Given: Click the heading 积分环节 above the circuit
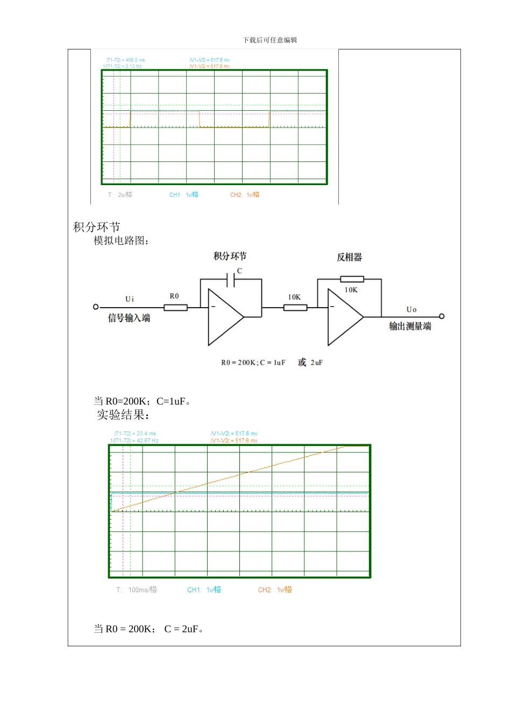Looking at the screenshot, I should tap(96, 227).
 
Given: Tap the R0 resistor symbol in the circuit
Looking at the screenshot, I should tap(175, 308).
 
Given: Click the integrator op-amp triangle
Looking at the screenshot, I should tap(224, 317).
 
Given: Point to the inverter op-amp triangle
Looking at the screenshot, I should tap(344, 317).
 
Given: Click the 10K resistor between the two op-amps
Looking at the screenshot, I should tap(295, 308).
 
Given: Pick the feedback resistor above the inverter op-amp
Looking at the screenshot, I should tap(352, 279).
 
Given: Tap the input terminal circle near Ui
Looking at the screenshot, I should tap(96, 307).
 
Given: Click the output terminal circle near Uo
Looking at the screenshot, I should tap(442, 316).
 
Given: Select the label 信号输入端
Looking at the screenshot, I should tap(129, 318).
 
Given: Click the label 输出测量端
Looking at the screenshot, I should tap(410, 326).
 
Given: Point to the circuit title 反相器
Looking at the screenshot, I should tap(349, 257).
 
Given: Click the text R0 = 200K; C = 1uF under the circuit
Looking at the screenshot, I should tap(253, 363).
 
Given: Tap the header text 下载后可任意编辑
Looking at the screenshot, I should tap(269, 40).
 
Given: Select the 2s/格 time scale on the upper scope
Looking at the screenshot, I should tap(125, 195).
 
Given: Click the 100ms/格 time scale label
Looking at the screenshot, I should tap(143, 590).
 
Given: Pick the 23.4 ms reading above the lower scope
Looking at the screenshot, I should tap(135, 434).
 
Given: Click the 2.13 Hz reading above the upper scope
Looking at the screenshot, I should tap(123, 66).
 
